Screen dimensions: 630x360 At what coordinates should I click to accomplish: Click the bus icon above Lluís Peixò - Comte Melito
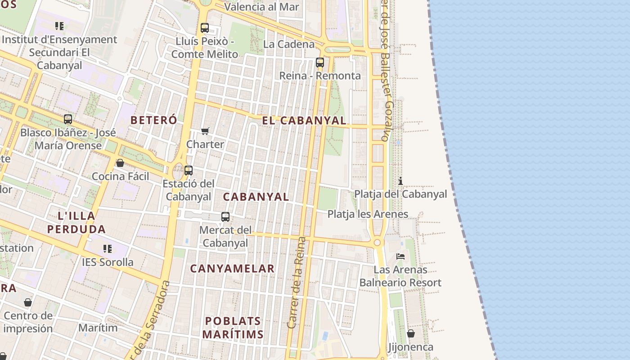tap(205, 28)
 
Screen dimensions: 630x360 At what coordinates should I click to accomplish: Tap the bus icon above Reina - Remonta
tap(320, 63)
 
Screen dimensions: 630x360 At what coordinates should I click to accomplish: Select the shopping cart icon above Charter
tap(205, 131)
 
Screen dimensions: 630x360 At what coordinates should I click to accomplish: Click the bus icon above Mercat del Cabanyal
tap(225, 217)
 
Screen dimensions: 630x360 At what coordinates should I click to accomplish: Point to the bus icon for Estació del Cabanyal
tap(189, 171)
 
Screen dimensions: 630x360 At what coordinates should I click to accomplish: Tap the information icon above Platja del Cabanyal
tap(400, 181)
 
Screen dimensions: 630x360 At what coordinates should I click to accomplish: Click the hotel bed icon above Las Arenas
tap(400, 256)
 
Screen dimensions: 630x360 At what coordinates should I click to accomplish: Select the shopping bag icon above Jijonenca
tap(411, 333)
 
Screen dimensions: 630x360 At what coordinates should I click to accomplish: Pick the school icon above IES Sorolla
tap(108, 248)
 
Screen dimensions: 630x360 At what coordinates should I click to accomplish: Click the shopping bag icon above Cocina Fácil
tap(120, 163)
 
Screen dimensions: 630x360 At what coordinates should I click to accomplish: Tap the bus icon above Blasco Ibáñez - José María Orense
tap(68, 119)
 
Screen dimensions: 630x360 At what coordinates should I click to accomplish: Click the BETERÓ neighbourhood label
tap(154, 120)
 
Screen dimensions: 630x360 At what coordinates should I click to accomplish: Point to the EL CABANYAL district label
tap(304, 121)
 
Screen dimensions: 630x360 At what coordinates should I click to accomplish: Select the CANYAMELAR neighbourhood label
tap(232, 269)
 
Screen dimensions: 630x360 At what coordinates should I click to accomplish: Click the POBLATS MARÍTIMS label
tap(233, 328)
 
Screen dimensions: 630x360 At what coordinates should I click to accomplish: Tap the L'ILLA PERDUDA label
tap(76, 222)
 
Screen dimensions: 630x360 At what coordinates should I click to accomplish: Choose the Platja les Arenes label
tap(368, 214)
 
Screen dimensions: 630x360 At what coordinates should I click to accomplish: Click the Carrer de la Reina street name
tap(297, 282)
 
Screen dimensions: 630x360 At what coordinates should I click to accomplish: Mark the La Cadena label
tap(289, 44)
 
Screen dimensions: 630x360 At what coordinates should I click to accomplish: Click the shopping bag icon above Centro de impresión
tap(28, 302)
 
